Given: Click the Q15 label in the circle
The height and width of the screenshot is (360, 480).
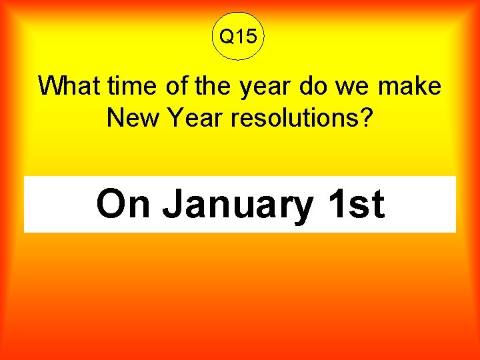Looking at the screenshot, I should pos(238,37).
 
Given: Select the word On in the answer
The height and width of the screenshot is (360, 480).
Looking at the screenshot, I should pos(123,204).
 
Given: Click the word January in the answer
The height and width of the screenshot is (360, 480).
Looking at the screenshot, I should pos(237,205).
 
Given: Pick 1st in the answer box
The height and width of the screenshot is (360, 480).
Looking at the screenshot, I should pos(356,204).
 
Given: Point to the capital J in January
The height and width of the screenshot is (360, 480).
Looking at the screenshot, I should pos(173,204).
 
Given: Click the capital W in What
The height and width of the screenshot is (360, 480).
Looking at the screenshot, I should pos(51,87).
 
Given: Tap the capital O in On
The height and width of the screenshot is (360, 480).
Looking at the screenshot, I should pos(111,204).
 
